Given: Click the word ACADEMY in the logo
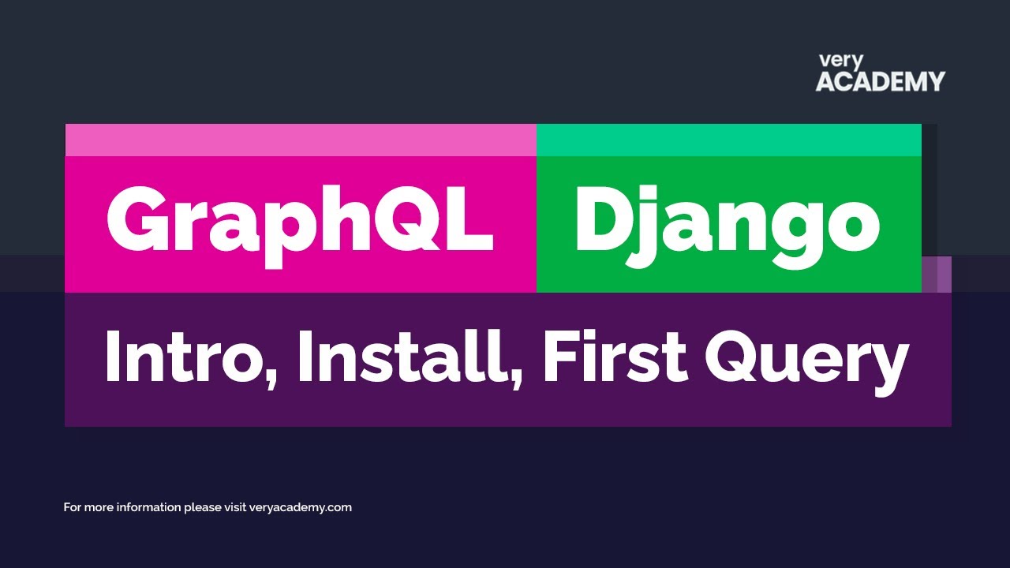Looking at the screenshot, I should pos(880,81).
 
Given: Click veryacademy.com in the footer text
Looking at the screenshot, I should pos(301,507).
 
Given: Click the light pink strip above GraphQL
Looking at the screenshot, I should pos(301,140).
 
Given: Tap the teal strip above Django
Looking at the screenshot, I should pos(728,140).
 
